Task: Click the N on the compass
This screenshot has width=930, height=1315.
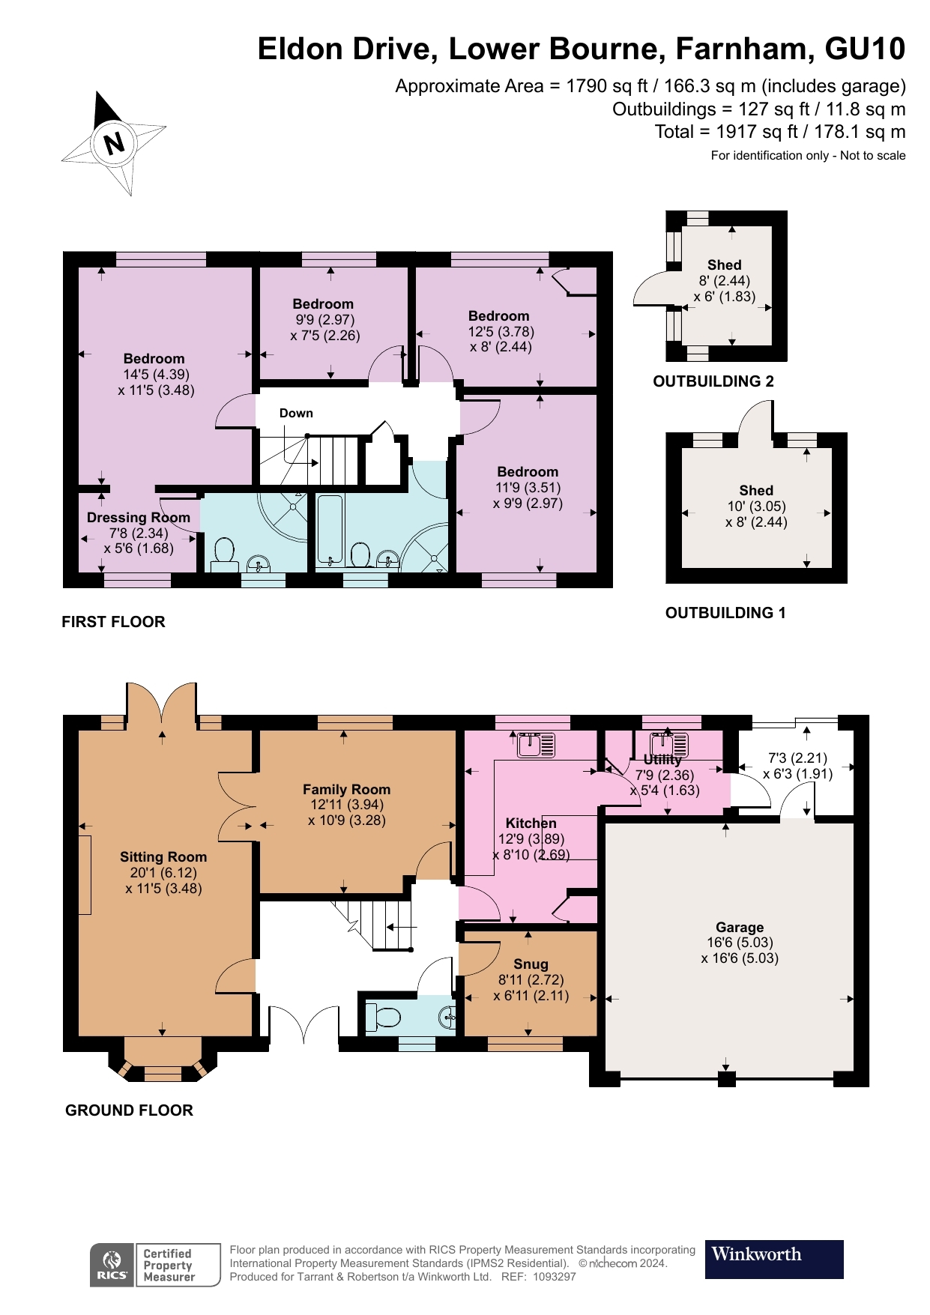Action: pyautogui.click(x=114, y=142)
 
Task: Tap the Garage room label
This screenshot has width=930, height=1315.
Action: pyautogui.click(x=739, y=927)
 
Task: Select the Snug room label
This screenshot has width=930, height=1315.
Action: pyautogui.click(x=531, y=964)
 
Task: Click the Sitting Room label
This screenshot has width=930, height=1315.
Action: pyautogui.click(x=163, y=856)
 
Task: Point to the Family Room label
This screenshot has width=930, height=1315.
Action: pyautogui.click(x=346, y=789)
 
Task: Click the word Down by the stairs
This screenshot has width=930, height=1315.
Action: pyautogui.click(x=296, y=413)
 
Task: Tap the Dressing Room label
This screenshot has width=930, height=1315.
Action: pyautogui.click(x=138, y=517)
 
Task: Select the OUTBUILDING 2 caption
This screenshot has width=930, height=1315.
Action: pyautogui.click(x=713, y=381)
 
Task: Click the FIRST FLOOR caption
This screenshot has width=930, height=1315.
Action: pyautogui.click(x=113, y=621)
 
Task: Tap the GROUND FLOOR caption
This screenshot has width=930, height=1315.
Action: pyautogui.click(x=129, y=1110)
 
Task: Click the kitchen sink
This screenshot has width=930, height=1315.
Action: pyautogui.click(x=537, y=745)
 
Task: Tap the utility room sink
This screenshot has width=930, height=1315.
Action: pyautogui.click(x=669, y=745)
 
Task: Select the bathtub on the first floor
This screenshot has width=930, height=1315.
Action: pyautogui.click(x=330, y=529)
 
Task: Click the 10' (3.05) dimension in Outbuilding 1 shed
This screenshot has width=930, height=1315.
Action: pyautogui.click(x=756, y=506)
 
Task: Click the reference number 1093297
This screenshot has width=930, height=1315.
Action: pyautogui.click(x=555, y=1277)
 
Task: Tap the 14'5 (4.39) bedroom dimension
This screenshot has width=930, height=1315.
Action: pyautogui.click(x=156, y=374)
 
